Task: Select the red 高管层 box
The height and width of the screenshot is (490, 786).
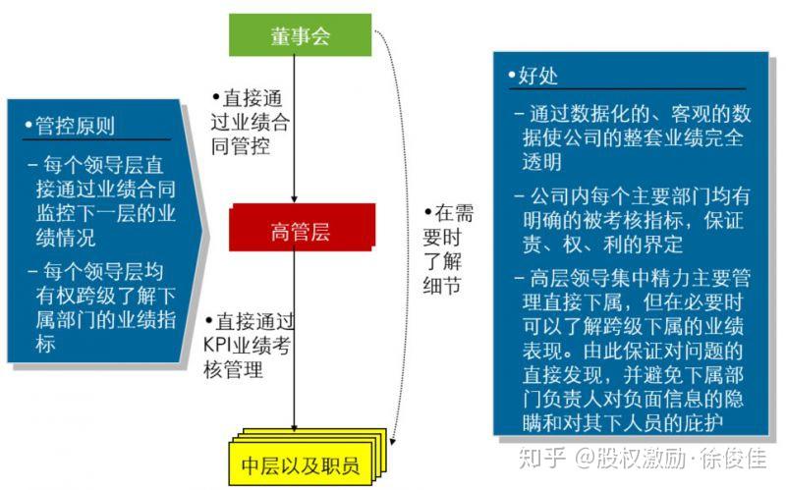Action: click(301, 232)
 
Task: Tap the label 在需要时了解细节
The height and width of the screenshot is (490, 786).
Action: click(448, 249)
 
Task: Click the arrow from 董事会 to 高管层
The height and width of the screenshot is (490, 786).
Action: click(296, 128)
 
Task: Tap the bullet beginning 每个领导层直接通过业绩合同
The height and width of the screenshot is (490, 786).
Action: click(103, 195)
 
